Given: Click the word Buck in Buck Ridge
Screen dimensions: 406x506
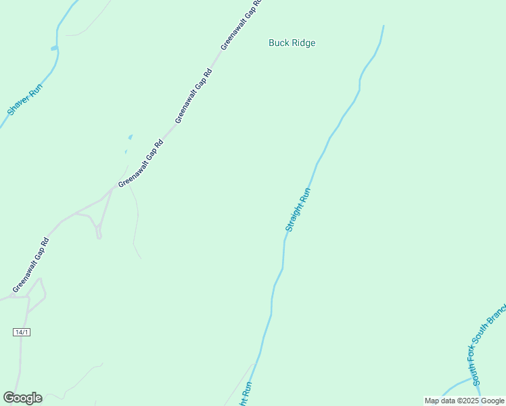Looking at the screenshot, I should (x=279, y=43).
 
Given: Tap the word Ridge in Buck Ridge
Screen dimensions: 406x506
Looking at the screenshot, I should (x=303, y=43).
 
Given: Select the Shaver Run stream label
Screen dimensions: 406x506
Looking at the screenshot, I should (x=25, y=99).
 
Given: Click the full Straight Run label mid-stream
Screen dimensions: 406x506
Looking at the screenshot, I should (x=298, y=210).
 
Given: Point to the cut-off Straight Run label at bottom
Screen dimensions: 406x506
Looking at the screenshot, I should (x=245, y=394).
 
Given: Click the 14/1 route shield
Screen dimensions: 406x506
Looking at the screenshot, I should (x=22, y=332).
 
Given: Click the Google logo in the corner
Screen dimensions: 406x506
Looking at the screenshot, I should (x=22, y=398).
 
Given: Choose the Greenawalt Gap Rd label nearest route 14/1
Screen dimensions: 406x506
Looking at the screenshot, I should (x=30, y=265).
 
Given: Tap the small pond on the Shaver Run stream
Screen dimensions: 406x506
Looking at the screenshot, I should (x=54, y=48).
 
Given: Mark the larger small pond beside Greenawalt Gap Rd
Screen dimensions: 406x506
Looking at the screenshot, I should (x=130, y=137).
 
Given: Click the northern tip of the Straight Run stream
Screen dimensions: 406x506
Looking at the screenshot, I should (x=383, y=27).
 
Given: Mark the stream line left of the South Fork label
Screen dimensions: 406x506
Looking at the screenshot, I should (x=457, y=386).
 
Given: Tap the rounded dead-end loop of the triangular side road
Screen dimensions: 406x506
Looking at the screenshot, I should (x=98, y=235).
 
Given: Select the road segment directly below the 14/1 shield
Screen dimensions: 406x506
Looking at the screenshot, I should (x=20, y=359).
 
